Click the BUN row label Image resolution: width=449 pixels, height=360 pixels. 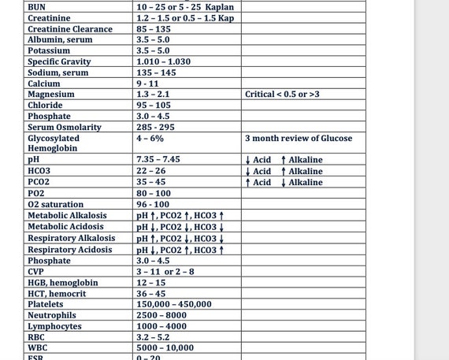tap(36, 7)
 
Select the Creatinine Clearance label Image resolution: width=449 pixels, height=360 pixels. tap(70, 29)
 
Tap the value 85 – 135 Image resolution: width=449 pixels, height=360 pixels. tap(154, 29)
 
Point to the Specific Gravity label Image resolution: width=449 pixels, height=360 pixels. tap(59, 61)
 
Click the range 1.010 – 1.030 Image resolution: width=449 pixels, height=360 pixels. tap(163, 61)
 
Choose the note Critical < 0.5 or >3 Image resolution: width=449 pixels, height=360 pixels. tap(283, 95)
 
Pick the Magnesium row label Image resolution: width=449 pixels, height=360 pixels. tap(51, 95)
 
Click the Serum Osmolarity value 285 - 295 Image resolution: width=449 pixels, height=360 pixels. tap(155, 127)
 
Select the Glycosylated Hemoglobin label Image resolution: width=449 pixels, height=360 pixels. tap(54, 143)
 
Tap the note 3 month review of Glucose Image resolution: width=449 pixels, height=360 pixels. tap(299, 138)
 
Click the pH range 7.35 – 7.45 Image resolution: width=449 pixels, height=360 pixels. tap(158, 160)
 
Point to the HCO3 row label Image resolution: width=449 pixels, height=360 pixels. tap(39, 171)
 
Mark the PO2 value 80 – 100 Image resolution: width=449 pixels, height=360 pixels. tap(154, 193)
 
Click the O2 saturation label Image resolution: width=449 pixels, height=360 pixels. tap(55, 204)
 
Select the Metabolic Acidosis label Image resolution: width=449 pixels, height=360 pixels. tap(65, 226)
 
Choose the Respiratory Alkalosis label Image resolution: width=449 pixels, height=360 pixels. tap(71, 238)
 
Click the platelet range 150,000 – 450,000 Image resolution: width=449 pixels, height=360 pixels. tap(174, 304)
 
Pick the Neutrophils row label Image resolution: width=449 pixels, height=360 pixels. tap(52, 315)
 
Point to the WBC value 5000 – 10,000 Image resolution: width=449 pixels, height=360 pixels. tap(165, 347)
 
